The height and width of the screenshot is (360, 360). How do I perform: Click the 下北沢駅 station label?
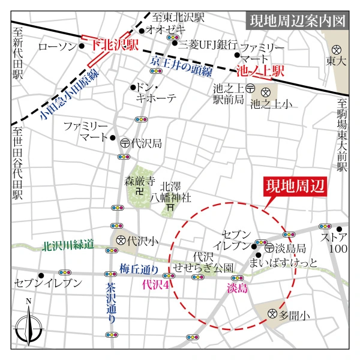click(x=115, y=44)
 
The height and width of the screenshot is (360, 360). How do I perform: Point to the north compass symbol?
click(x=28, y=328)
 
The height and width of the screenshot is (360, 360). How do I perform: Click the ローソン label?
click(x=58, y=46)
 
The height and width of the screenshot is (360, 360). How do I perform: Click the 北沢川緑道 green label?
click(x=68, y=245)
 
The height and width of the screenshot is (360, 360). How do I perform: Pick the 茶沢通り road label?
click(x=111, y=303)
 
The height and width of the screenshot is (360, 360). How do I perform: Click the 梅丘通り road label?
click(x=139, y=268)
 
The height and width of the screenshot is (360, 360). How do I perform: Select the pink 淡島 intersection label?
click(x=237, y=289)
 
